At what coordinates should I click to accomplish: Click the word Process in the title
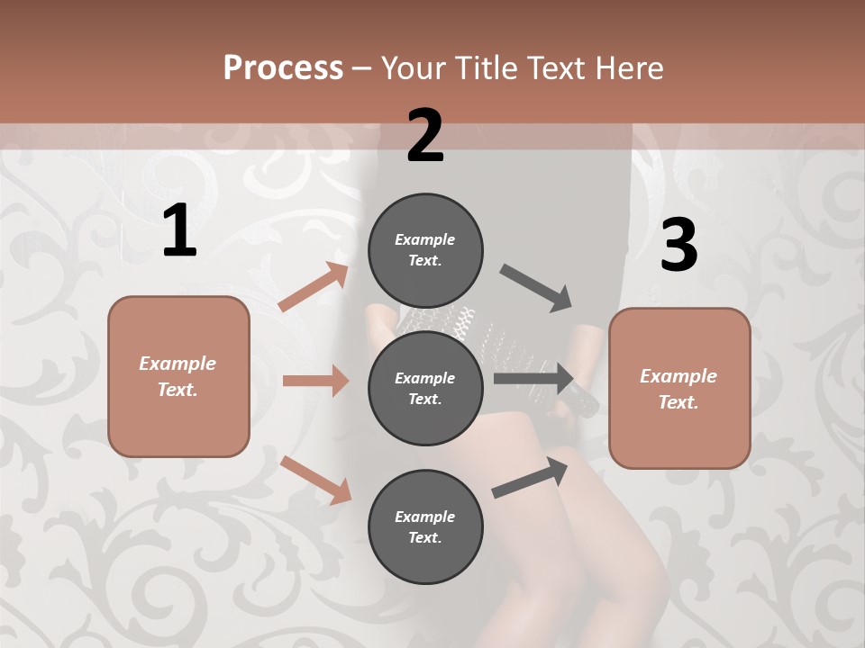point(283,68)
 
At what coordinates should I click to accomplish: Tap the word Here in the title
point(629,68)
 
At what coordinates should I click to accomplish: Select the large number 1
point(179,231)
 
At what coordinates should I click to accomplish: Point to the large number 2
point(425,136)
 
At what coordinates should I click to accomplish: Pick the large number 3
point(678,246)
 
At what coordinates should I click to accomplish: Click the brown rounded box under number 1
point(178,376)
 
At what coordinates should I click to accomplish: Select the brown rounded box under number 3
point(679,389)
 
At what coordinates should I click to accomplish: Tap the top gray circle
point(425,249)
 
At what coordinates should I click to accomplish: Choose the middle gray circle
point(425,388)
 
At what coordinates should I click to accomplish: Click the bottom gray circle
point(425,526)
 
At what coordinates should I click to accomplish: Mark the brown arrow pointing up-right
point(314,287)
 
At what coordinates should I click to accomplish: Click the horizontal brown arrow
point(315,381)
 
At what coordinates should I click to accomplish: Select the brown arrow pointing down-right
point(315,480)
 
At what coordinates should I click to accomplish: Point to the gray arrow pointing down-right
point(536,288)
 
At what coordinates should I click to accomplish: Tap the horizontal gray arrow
point(533,378)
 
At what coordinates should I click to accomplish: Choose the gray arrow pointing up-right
point(530,478)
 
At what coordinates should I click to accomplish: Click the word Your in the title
point(414,68)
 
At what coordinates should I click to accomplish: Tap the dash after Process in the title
point(362,69)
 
